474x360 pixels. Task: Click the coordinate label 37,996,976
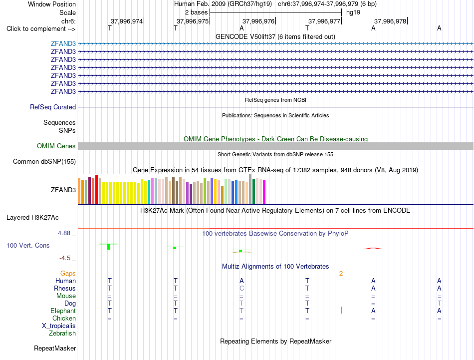[x=258, y=21]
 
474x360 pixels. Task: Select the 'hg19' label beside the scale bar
[x=353, y=12]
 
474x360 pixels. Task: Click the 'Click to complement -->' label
[x=41, y=29]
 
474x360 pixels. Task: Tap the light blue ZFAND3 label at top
[x=63, y=43]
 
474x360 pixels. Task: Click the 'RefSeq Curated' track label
[x=53, y=107]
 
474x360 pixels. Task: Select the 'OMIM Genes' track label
[x=56, y=146]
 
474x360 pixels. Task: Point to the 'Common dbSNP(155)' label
[x=44, y=162]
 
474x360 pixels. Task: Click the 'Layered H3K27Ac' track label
[x=32, y=218]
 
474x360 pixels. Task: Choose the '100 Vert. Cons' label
[x=28, y=245]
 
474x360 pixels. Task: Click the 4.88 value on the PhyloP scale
[x=64, y=233]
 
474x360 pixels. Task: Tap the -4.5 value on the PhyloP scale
[x=65, y=258]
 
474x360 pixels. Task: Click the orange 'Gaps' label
[x=68, y=274]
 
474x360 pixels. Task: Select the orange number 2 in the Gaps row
[x=341, y=274]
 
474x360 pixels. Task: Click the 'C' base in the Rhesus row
[x=241, y=288]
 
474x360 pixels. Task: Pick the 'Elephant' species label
[x=63, y=311]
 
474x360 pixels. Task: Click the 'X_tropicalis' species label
[x=59, y=326]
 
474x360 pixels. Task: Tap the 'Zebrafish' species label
[x=62, y=334]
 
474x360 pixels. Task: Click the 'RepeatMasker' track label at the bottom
[x=55, y=349]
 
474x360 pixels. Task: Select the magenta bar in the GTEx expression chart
[x=264, y=192]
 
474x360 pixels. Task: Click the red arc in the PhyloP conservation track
[x=373, y=248]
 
